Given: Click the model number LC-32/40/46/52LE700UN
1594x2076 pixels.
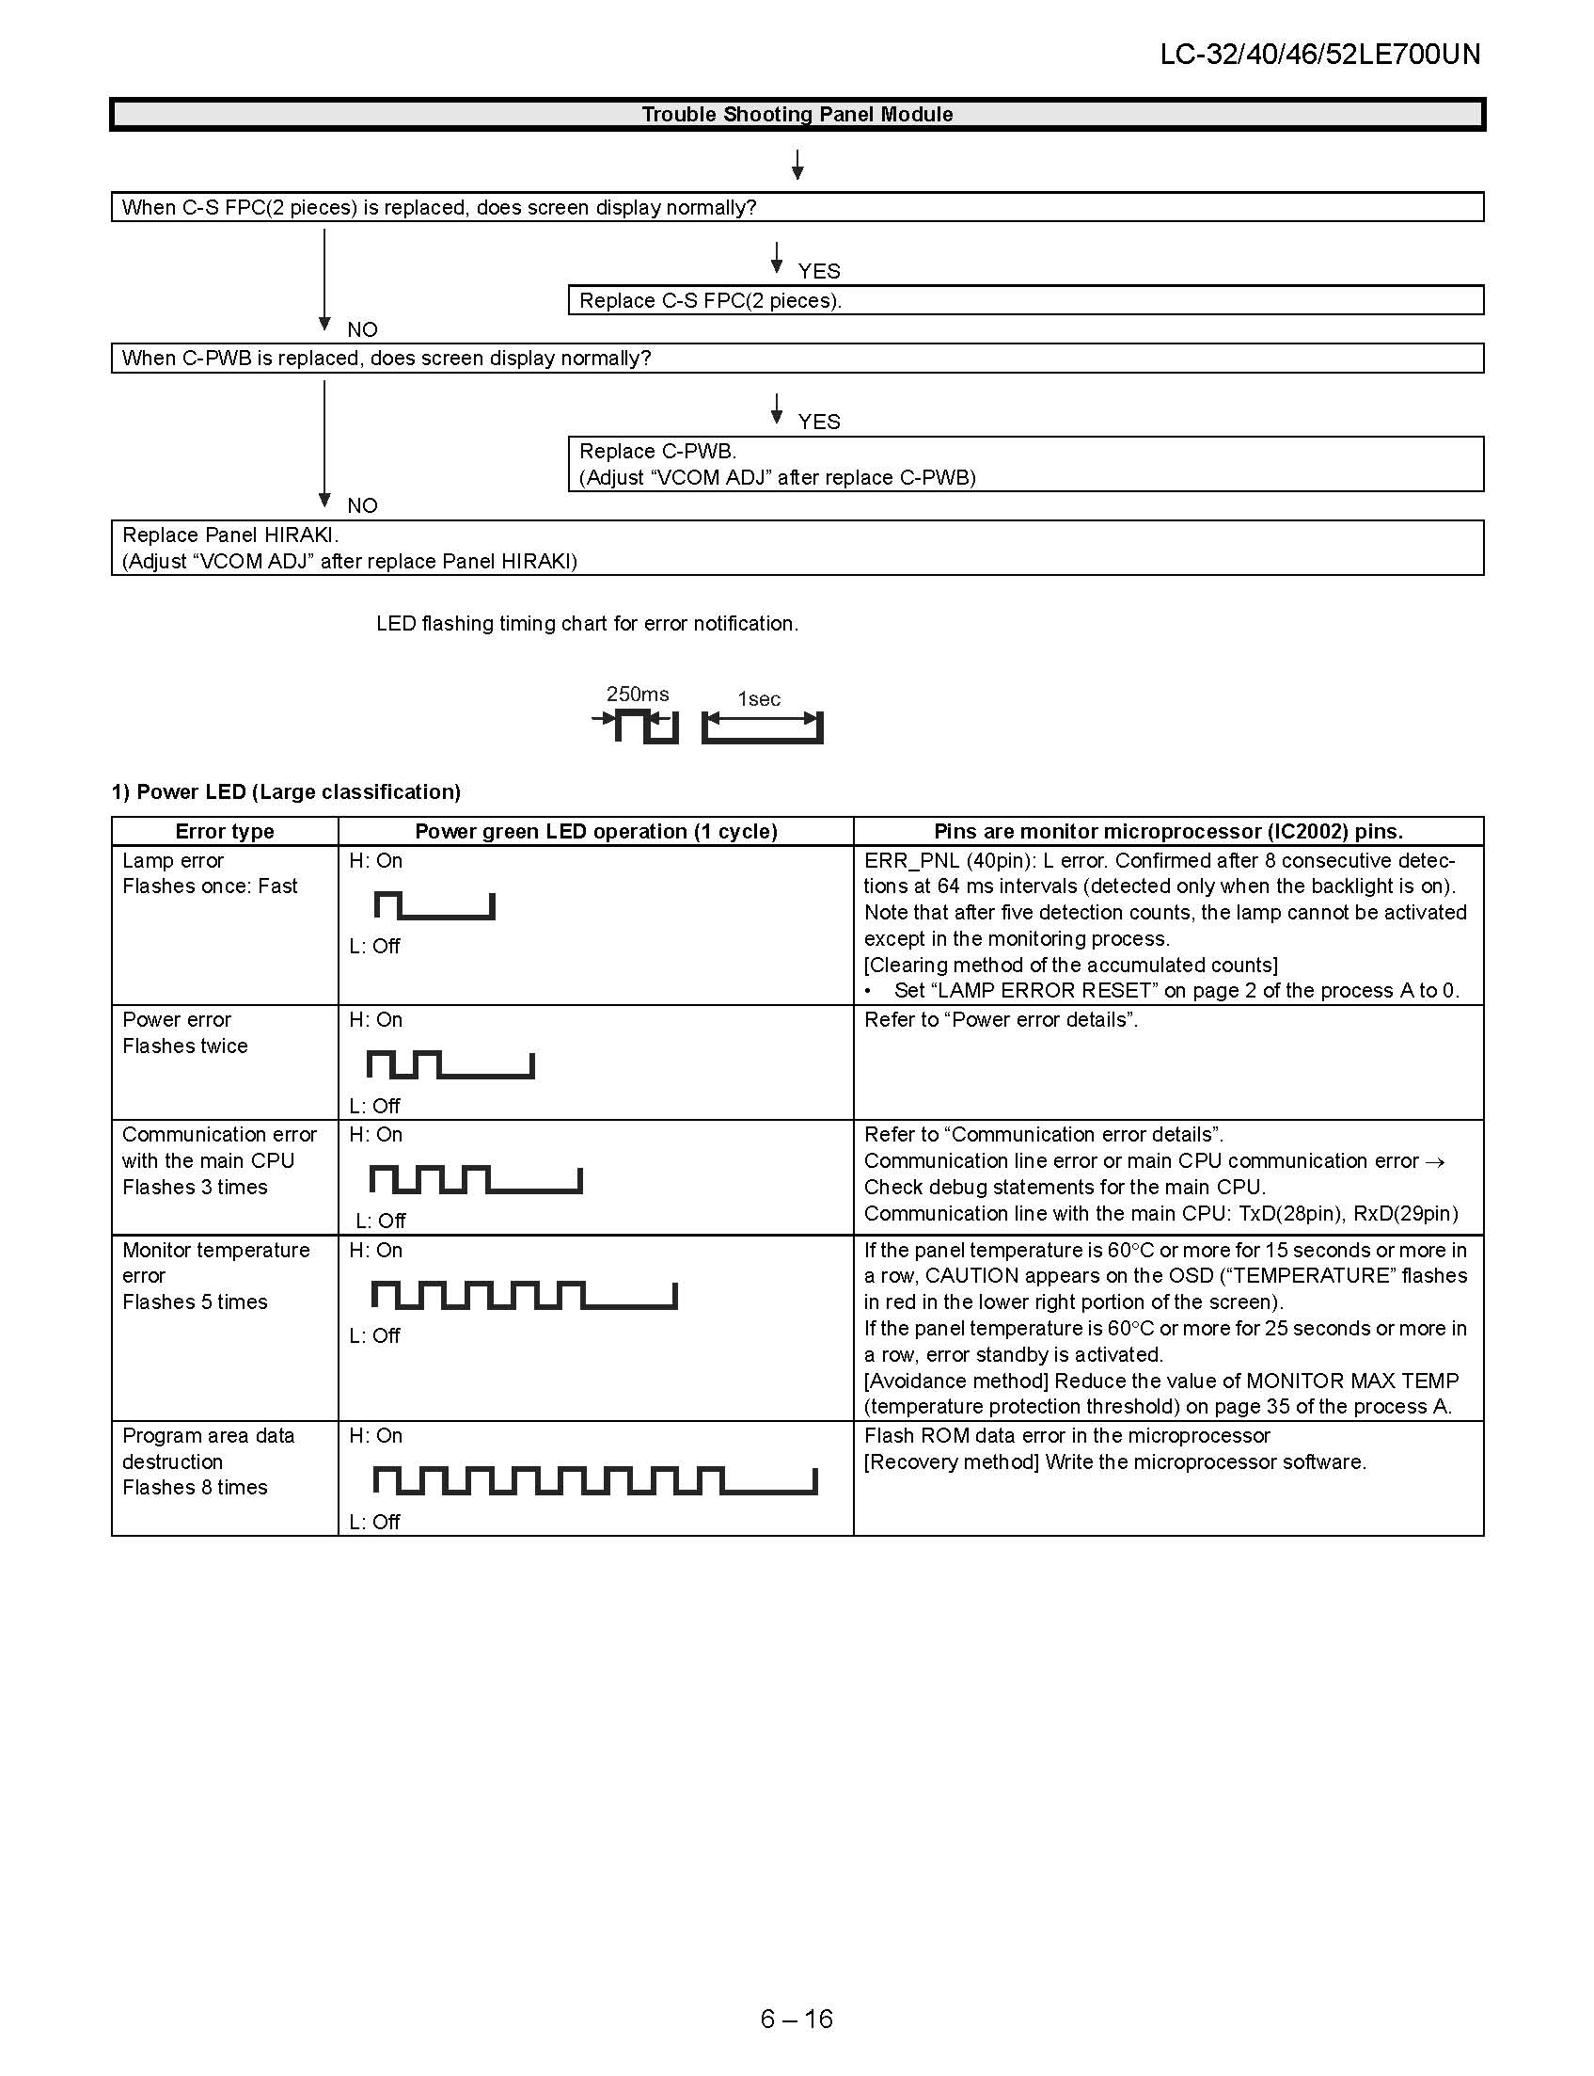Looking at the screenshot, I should (1318, 54).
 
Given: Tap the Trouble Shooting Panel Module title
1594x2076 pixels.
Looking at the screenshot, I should (797, 115).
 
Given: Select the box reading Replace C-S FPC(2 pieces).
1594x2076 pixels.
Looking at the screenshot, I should (1025, 301).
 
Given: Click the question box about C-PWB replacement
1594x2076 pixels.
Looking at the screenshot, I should (797, 359).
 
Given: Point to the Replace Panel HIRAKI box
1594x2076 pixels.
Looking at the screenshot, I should (797, 548).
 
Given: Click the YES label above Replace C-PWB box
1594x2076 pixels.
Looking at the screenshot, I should (819, 422).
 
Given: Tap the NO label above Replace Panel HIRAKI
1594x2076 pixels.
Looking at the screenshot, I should (362, 505).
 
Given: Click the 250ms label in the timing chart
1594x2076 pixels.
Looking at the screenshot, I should (638, 695).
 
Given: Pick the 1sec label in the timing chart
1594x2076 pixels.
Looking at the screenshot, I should (759, 699).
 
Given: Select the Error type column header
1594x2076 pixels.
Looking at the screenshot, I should (225, 832).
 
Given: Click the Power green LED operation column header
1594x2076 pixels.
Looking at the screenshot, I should (596, 832).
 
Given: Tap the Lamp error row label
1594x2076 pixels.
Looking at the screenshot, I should (173, 861).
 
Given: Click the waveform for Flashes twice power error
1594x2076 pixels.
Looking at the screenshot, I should (450, 1065).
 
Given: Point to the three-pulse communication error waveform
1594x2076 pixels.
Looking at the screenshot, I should (475, 1180).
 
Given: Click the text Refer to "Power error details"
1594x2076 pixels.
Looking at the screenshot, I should (1001, 1020).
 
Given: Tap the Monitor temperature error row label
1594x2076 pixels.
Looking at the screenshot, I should (215, 1263).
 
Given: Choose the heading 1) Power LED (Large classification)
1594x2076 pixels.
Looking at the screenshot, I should (286, 792).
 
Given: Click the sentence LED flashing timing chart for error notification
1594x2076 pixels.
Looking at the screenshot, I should (588, 624).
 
